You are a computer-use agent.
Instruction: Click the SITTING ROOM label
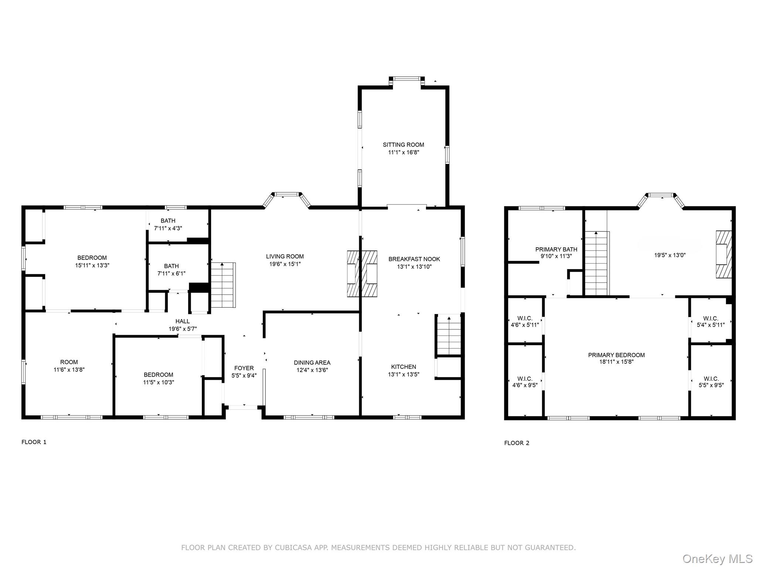[403, 145]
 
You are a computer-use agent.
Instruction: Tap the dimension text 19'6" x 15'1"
[285, 264]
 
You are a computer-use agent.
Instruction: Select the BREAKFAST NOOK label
[414, 259]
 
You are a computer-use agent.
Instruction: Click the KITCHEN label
[404, 367]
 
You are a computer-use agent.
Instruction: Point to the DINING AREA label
[312, 362]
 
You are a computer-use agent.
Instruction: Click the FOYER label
[244, 368]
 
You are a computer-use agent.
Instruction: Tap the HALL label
[183, 321]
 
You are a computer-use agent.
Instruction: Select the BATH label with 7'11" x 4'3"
[168, 221]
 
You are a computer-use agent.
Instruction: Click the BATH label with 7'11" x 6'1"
[171, 266]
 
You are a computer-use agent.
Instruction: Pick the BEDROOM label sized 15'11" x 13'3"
[92, 258]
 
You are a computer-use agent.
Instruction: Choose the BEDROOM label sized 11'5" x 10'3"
[159, 375]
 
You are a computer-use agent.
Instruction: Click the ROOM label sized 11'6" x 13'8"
[69, 362]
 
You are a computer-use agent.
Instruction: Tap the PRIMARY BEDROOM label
[616, 355]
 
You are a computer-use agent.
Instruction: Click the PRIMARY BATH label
[556, 249]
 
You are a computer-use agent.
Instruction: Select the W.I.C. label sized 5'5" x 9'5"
[711, 379]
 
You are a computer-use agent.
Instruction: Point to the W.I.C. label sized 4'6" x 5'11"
[525, 318]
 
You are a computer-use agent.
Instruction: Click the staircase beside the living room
[223, 286]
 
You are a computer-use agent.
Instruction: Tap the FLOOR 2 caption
[516, 443]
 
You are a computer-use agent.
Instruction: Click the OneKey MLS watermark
[717, 559]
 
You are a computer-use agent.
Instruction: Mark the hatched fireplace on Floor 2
[723, 254]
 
